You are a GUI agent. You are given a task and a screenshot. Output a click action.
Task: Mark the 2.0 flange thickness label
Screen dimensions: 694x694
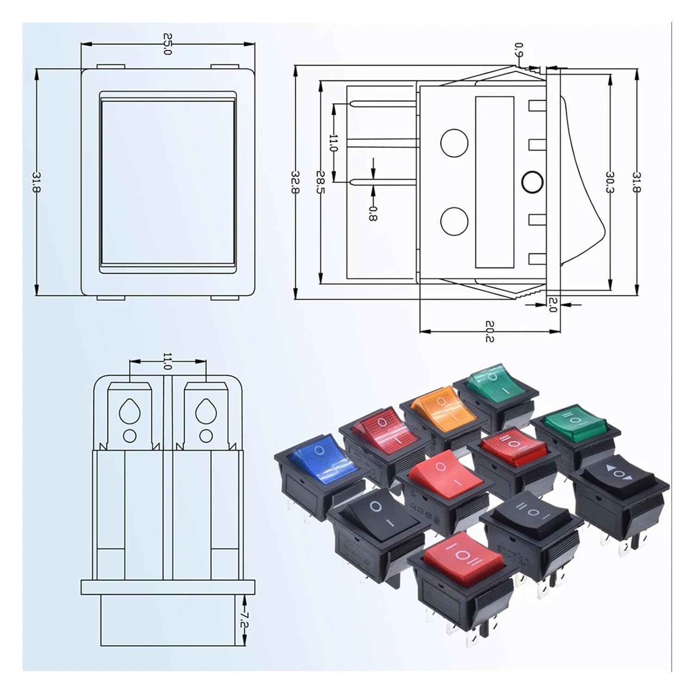(551, 305)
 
